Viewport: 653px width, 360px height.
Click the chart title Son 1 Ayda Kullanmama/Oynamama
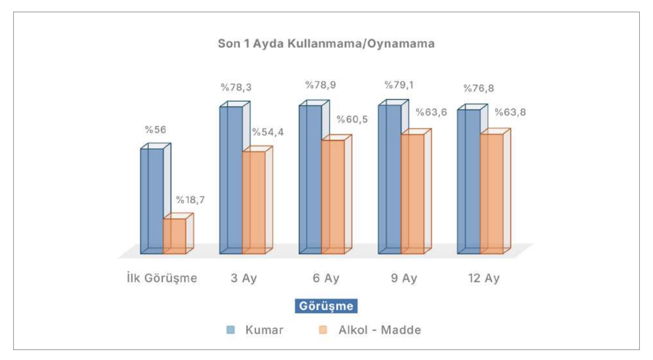click(x=326, y=44)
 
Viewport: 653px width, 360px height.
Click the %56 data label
click(x=156, y=130)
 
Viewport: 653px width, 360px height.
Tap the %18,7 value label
click(x=190, y=200)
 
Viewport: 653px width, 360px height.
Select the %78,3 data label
click(x=236, y=87)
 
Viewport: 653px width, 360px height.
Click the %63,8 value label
click(x=510, y=112)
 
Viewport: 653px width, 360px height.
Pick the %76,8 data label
click(x=479, y=88)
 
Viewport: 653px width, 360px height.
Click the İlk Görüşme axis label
click(x=162, y=278)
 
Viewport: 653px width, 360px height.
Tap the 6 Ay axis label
click(x=325, y=278)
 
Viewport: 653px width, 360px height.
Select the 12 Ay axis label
click(x=484, y=278)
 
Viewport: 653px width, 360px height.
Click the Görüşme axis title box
click(x=326, y=306)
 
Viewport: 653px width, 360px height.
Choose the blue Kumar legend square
click(x=230, y=330)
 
